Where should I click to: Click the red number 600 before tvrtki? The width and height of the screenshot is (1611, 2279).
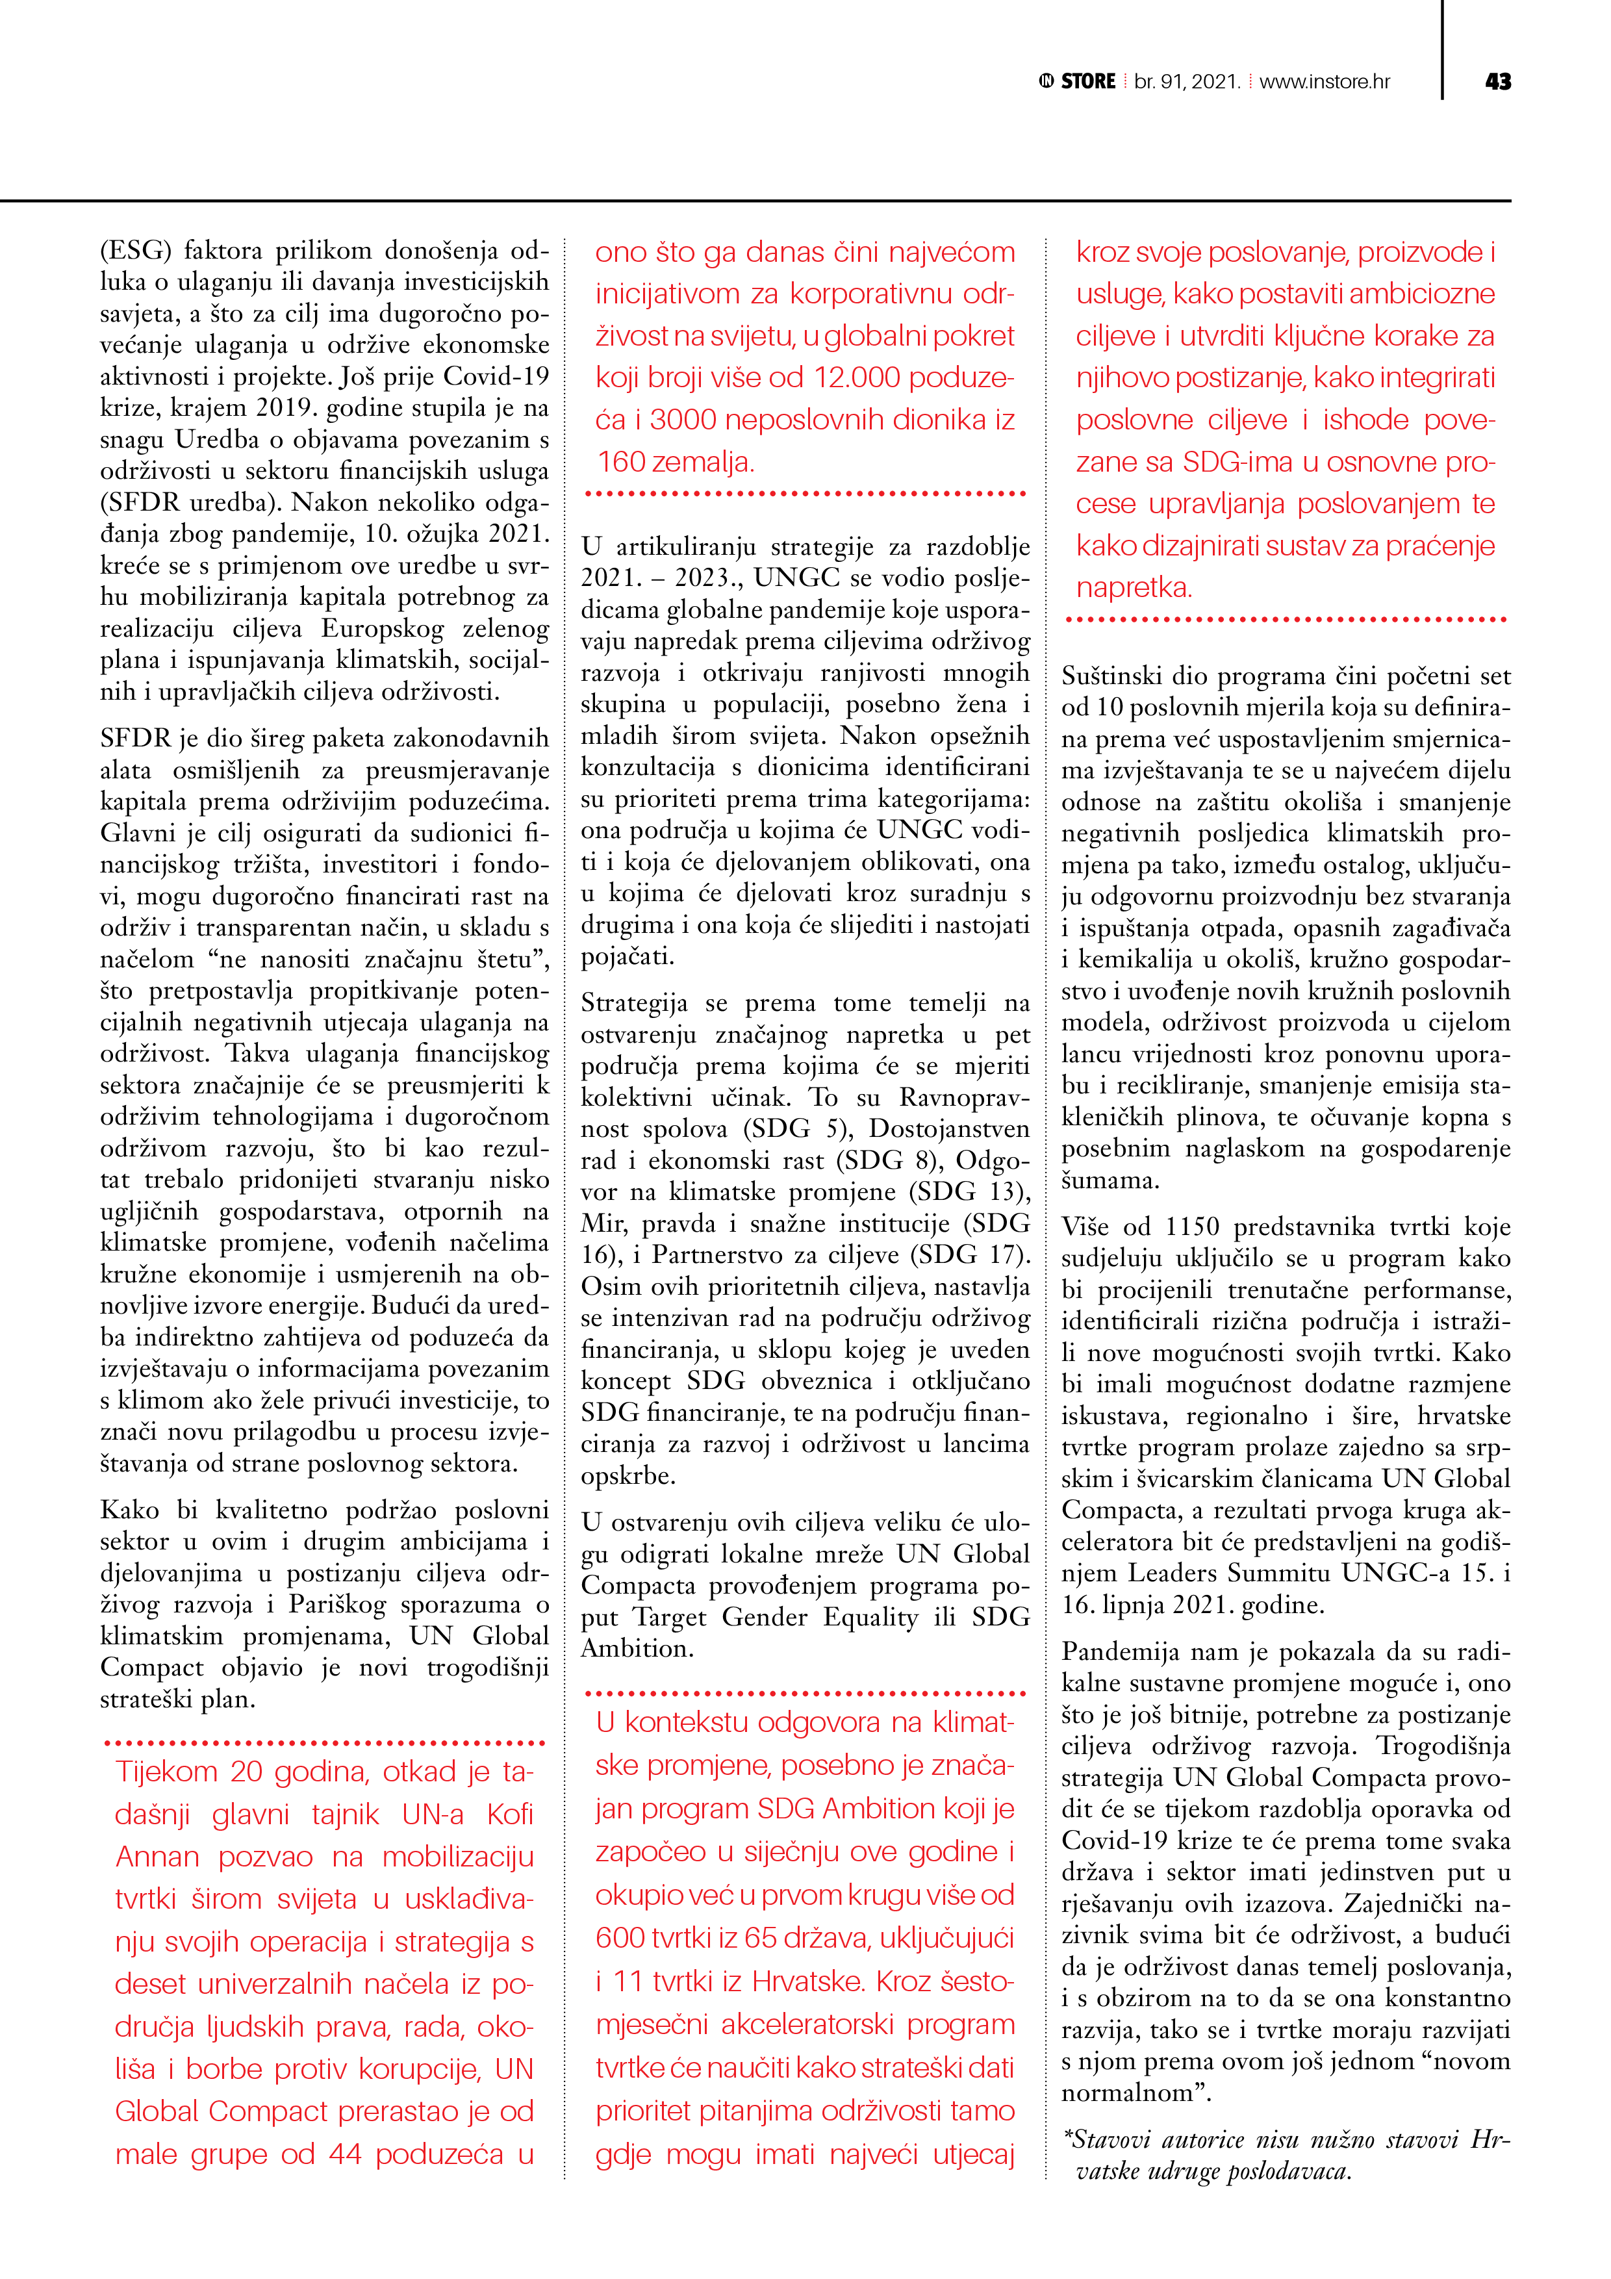(622, 1937)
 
